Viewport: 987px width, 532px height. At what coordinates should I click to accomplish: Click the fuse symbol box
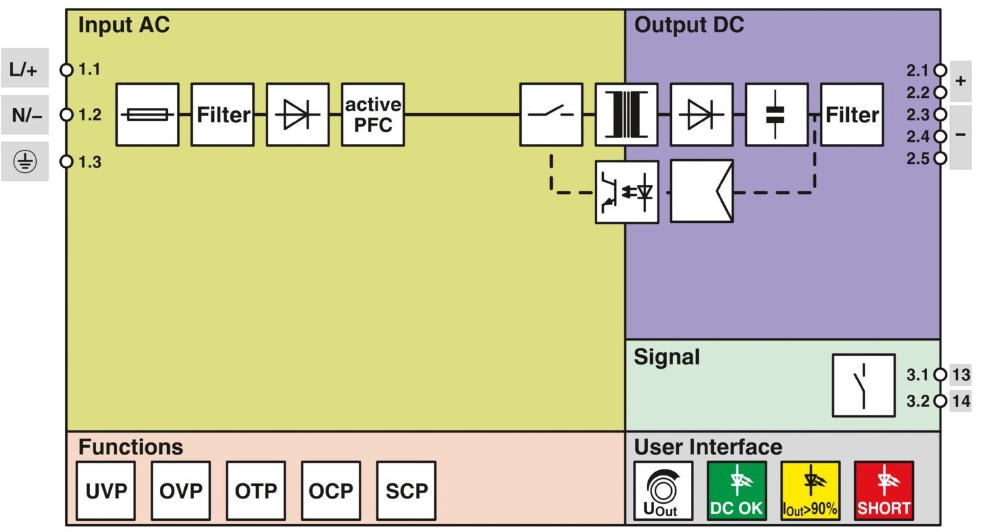pos(147,114)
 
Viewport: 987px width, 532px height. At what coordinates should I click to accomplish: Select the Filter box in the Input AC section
pos(222,114)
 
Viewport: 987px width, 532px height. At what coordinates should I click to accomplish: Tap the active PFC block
pos(373,114)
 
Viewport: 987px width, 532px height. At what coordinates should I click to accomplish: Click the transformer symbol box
pos(626,114)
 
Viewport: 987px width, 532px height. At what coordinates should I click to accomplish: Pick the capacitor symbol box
pos(777,114)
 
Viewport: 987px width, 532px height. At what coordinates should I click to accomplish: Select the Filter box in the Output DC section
pos(852,114)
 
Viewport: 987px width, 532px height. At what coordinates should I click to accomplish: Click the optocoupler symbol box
pos(627,192)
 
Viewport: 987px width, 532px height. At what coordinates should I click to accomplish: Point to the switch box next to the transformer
pos(551,114)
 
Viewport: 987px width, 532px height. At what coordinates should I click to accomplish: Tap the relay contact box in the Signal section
pos(863,385)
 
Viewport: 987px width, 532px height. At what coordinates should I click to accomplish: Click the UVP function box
pos(106,491)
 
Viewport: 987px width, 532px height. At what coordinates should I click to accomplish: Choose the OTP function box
pos(256,491)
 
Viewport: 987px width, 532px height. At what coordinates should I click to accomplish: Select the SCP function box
pos(406,491)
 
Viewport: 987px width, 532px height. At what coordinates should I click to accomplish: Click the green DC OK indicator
pos(737,491)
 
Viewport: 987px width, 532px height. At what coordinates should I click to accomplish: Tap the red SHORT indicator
pos(884,491)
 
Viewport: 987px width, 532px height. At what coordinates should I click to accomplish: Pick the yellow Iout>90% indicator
pos(810,491)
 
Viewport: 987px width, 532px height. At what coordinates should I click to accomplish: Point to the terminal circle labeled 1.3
pos(66,162)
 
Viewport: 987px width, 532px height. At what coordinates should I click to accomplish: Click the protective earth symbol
pos(25,161)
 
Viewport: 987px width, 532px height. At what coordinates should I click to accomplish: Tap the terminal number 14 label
pos(961,400)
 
